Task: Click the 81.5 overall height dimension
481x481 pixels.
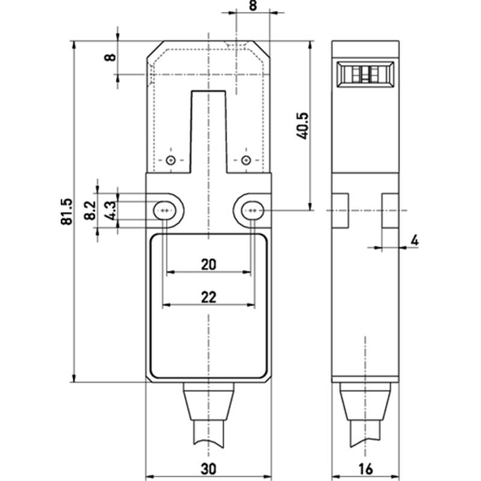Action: pos(67,212)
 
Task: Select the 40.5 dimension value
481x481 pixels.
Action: pos(303,126)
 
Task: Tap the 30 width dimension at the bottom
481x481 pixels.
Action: pos(208,469)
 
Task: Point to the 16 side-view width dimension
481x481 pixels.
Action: pos(366,469)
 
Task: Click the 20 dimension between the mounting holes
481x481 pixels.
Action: pos(209,265)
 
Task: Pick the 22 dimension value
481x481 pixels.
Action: pos(209,297)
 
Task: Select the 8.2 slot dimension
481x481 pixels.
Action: pos(90,210)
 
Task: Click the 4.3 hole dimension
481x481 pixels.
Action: pos(110,210)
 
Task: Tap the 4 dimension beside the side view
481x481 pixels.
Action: pos(414,240)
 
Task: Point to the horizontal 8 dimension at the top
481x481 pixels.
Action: pos(253,5)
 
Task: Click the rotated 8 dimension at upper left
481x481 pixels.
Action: pos(110,57)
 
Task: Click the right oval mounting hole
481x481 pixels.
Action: pos(253,210)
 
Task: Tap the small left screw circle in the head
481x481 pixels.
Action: pos(171,160)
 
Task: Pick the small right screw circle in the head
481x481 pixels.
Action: pos(246,160)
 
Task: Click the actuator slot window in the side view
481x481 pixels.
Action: pos(366,75)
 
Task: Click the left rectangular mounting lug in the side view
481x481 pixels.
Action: pos(340,210)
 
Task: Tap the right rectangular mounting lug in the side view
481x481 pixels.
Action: pos(390,210)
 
